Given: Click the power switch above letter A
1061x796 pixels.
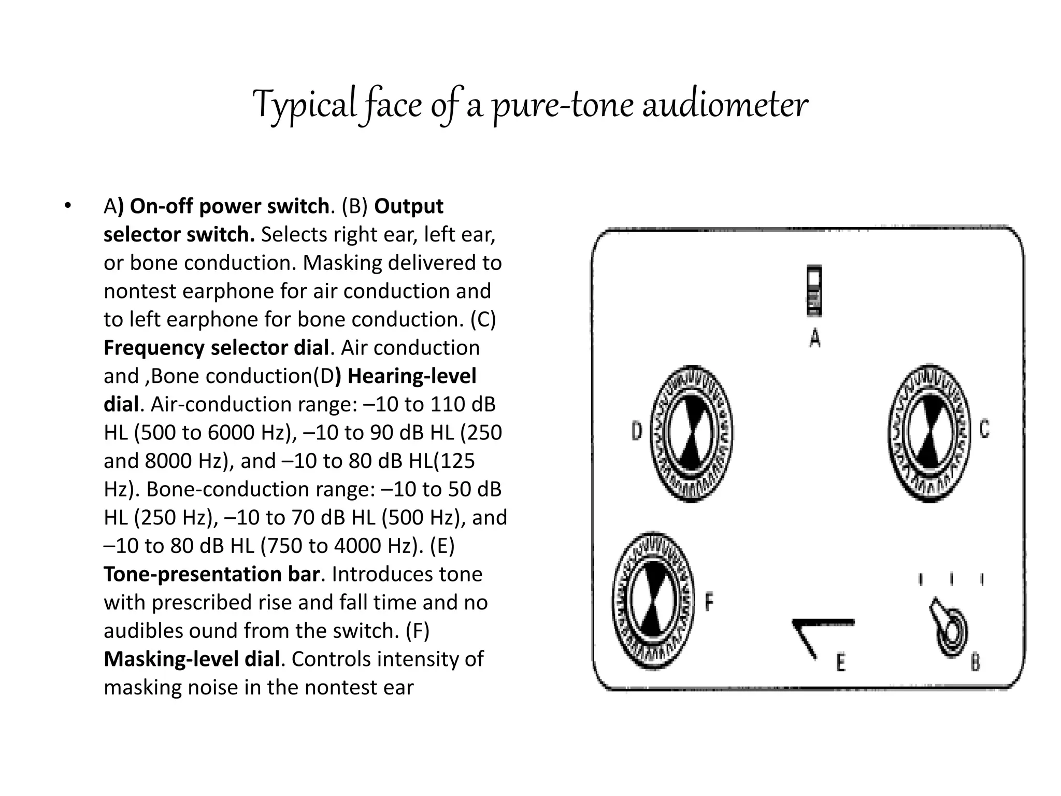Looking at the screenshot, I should (x=814, y=290).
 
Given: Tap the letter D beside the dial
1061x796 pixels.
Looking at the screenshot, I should (x=637, y=431).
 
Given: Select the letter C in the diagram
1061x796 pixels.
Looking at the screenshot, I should (x=984, y=429).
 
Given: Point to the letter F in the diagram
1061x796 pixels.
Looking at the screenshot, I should (x=709, y=602).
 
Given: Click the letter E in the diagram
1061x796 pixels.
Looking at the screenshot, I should (x=841, y=662).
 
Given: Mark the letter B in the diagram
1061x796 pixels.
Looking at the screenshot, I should (x=975, y=662).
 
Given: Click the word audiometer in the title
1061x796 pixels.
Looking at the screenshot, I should (x=725, y=105).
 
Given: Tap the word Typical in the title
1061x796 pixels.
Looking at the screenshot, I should (x=304, y=105).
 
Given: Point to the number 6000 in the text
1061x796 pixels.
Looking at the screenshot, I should (x=232, y=433).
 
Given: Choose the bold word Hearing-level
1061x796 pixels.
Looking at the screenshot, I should (x=411, y=376).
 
